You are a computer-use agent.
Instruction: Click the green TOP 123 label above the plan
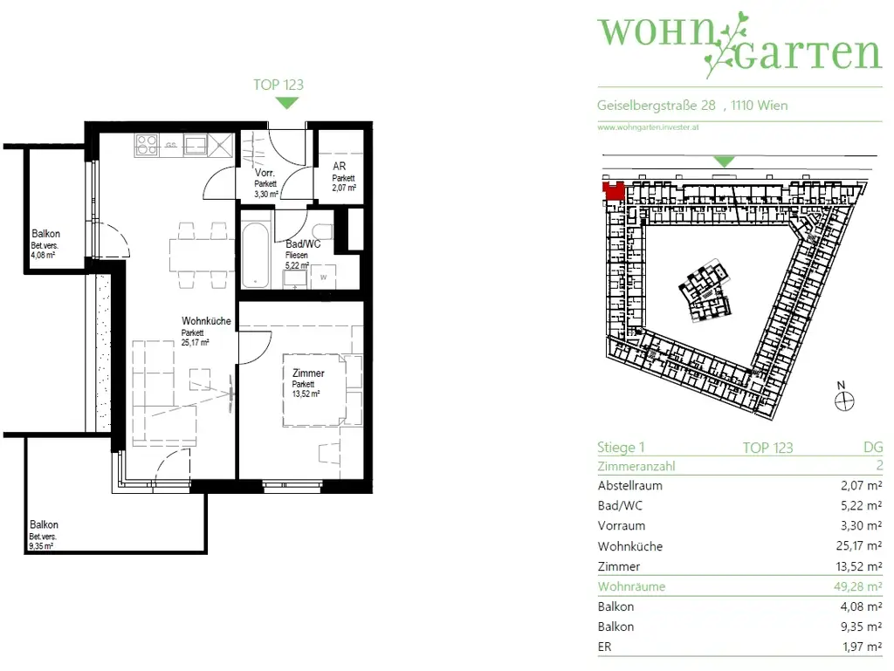pos(278,85)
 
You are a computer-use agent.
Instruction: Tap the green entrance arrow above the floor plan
pos(287,103)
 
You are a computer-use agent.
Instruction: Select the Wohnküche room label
pos(206,321)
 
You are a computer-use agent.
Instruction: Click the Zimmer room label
pos(308,373)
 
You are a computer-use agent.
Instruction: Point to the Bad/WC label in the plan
pos(303,244)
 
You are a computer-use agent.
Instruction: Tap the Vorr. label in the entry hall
pos(265,174)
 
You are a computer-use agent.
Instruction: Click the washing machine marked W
pos(324,277)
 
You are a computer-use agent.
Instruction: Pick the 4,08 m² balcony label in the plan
pos(42,256)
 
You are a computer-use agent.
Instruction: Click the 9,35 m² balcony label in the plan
pos(42,546)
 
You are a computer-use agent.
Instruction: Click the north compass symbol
pos(843,401)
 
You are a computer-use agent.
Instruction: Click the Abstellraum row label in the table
pos(629,486)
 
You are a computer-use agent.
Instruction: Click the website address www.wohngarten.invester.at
pos(649,127)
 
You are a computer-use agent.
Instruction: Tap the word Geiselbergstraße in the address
pos(647,106)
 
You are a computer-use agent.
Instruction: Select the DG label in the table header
pos(872,448)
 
